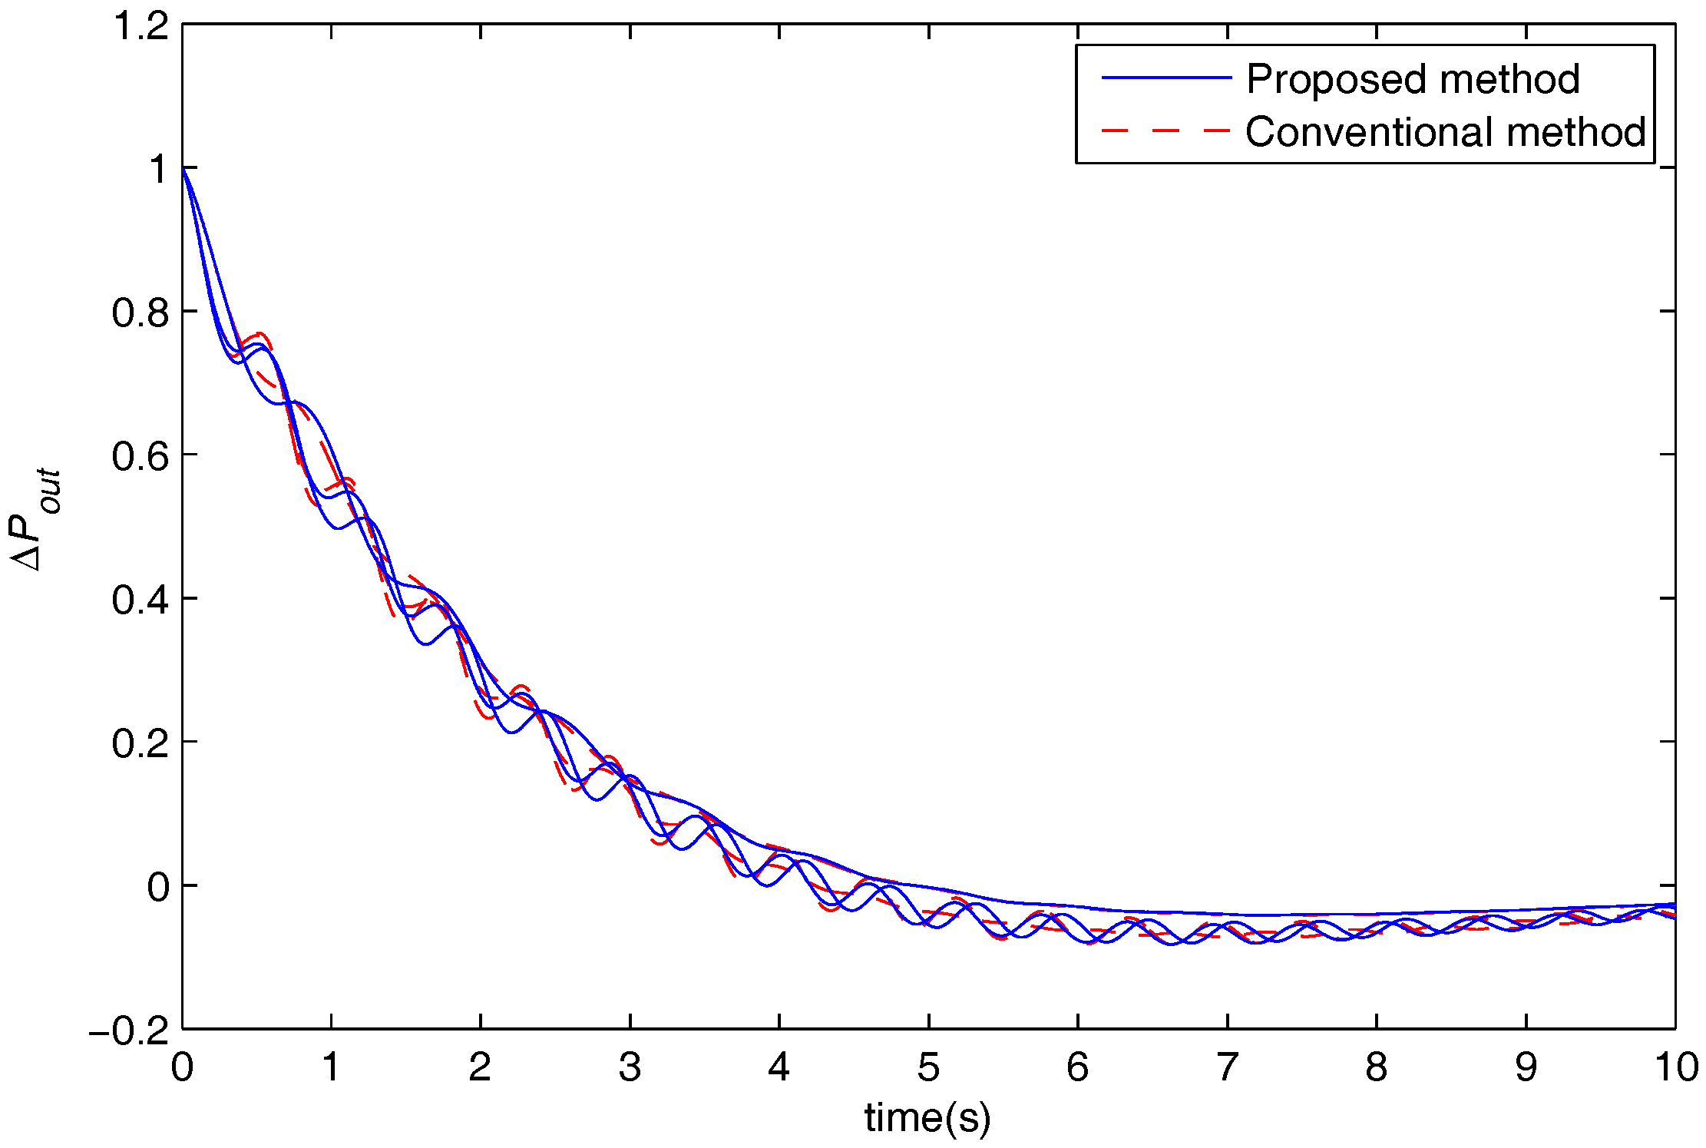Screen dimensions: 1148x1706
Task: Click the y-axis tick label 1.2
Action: point(141,26)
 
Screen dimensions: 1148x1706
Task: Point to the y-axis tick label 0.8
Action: point(141,313)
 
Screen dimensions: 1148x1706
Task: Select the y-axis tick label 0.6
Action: point(141,456)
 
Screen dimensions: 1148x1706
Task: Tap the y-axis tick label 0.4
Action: point(141,600)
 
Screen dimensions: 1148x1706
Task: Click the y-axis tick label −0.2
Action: point(128,1031)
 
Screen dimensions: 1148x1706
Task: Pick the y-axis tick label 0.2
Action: point(141,743)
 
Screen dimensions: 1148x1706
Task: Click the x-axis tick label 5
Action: point(928,1067)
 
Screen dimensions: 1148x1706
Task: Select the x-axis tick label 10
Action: point(1675,1067)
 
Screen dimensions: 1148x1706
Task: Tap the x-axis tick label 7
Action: point(1227,1067)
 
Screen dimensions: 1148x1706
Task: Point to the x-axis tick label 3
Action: point(630,1067)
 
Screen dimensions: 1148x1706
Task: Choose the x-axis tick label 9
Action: point(1526,1067)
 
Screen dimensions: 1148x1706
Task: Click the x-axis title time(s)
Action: point(927,1118)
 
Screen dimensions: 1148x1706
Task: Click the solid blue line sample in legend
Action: point(1165,78)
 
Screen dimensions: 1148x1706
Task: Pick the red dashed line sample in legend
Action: point(1165,131)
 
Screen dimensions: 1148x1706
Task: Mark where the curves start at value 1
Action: point(183,168)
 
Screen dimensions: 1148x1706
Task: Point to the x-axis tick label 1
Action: point(331,1067)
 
